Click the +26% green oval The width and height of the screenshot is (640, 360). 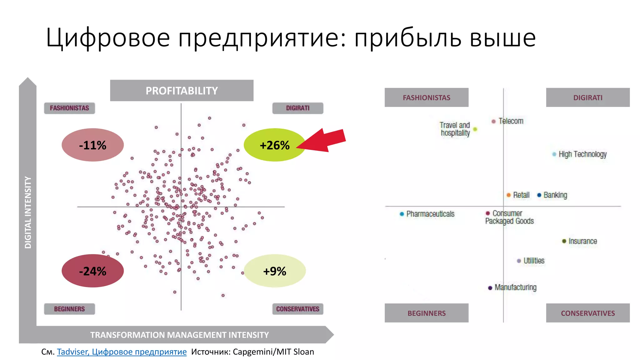(x=274, y=145)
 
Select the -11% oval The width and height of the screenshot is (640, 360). (x=92, y=145)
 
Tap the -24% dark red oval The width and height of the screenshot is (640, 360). (x=92, y=271)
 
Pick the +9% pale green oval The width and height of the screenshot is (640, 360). (x=274, y=271)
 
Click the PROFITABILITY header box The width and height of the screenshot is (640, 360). (x=182, y=91)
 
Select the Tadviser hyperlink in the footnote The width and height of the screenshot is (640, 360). (x=122, y=352)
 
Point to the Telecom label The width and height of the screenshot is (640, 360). (x=511, y=121)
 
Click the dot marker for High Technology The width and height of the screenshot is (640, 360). (x=554, y=154)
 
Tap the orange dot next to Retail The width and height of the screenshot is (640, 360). (x=508, y=195)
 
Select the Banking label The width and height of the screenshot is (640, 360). (x=555, y=195)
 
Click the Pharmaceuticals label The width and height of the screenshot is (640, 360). (x=430, y=214)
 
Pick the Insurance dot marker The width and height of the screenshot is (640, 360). (x=564, y=241)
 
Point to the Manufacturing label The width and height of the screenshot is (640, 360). (x=515, y=287)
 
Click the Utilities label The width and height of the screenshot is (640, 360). (x=534, y=261)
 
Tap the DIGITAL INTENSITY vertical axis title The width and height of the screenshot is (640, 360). (x=28, y=212)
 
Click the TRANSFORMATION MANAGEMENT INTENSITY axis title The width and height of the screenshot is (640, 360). (x=179, y=335)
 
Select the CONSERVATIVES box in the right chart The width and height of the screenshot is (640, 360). (x=587, y=313)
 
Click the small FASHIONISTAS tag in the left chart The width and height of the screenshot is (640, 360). (x=69, y=108)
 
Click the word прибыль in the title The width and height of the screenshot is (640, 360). (x=408, y=38)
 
